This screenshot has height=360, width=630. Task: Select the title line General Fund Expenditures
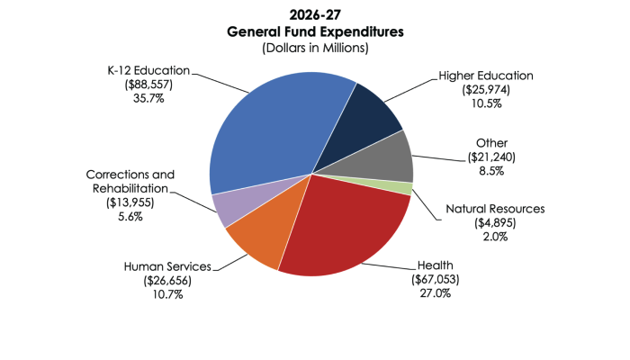click(x=315, y=31)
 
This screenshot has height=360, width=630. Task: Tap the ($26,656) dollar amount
click(x=167, y=281)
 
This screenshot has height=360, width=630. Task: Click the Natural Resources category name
click(x=494, y=210)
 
